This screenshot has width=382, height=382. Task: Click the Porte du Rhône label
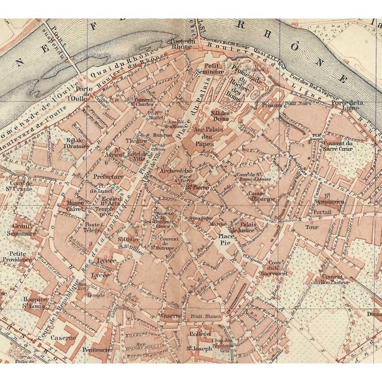tap(182, 45)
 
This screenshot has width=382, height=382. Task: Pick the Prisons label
tap(272, 105)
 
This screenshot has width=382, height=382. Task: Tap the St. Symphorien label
tap(336, 198)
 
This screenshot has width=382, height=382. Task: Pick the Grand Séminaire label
tap(24, 230)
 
